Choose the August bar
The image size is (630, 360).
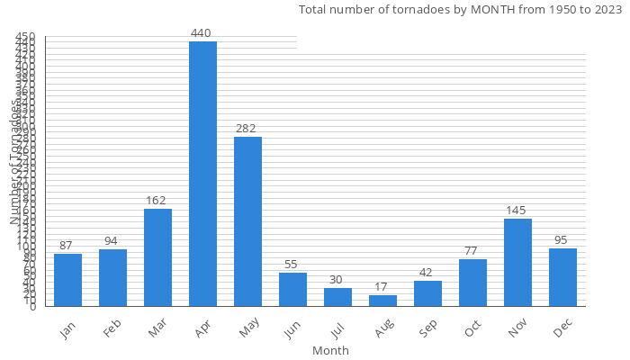pyautogui.click(x=382, y=301)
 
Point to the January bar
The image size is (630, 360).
pyautogui.click(x=67, y=280)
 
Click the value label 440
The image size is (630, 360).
pyautogui.click(x=201, y=33)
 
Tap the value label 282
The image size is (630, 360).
pyautogui.click(x=247, y=129)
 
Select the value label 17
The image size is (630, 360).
pyautogui.click(x=382, y=287)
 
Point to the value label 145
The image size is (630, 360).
pyautogui.click(x=517, y=211)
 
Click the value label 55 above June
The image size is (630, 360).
pyautogui.click(x=292, y=265)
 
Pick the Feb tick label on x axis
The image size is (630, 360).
pyautogui.click(x=111, y=329)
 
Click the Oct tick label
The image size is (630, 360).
pyautogui.click(x=472, y=329)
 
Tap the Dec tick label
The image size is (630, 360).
pyautogui.click(x=562, y=329)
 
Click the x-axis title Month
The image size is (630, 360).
pyautogui.click(x=330, y=350)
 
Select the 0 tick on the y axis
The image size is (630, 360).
pyautogui.click(x=33, y=307)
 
